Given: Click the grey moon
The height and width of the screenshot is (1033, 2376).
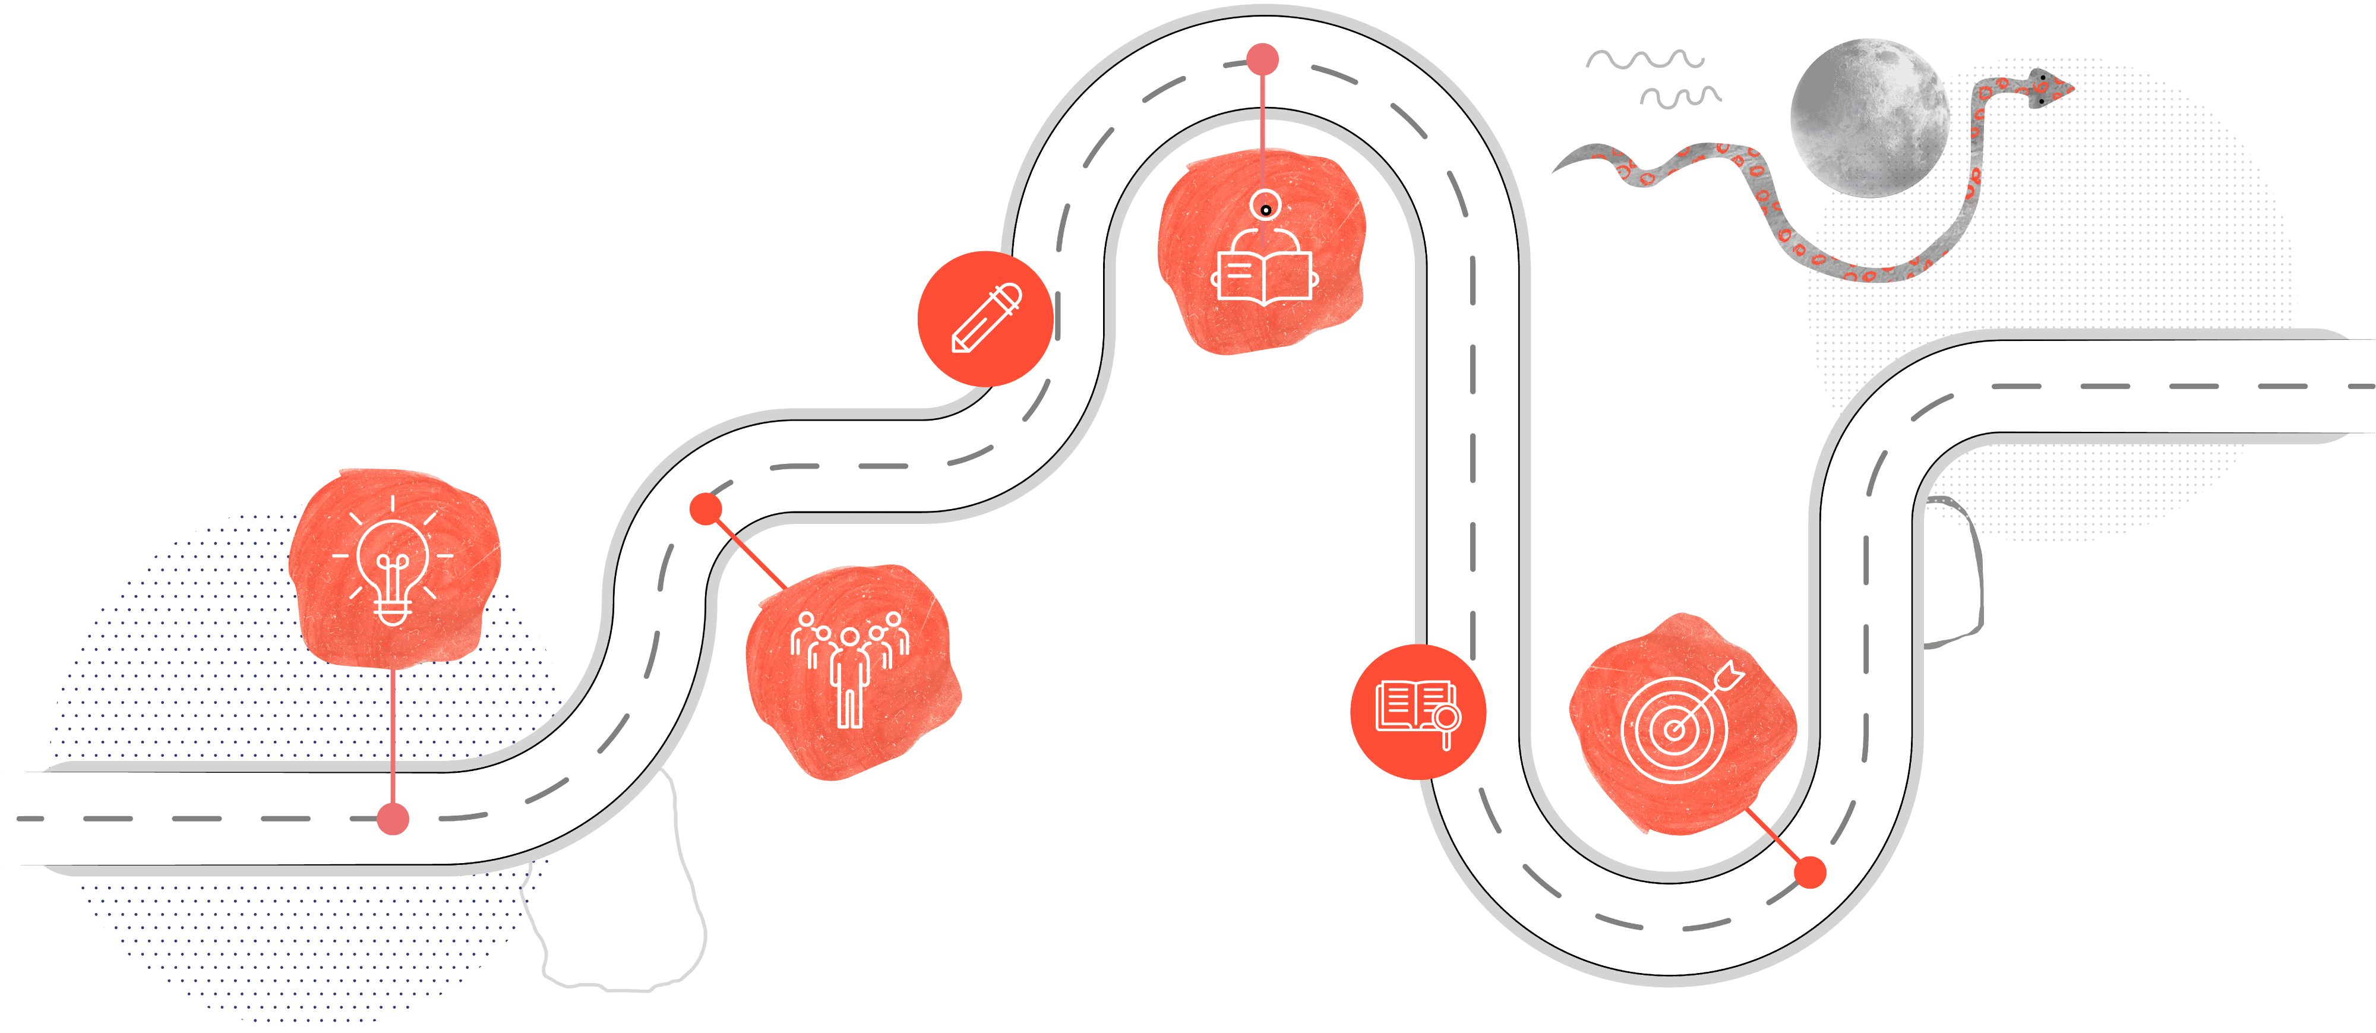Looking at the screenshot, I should [1870, 117].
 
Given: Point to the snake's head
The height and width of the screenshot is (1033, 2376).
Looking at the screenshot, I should [2049, 88].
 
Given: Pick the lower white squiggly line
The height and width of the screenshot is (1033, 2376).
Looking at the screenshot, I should [1680, 96].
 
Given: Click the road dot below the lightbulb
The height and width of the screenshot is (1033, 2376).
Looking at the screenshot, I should [393, 818].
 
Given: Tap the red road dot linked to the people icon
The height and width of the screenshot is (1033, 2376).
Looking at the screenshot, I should [706, 508].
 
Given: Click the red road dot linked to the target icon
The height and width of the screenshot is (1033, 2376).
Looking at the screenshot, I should [1810, 871].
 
